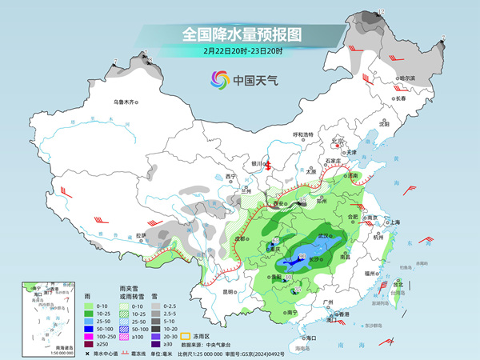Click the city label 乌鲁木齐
click(126, 102)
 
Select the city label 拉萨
click(141, 235)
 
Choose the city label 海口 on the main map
click(311, 338)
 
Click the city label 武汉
click(323, 236)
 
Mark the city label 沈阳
click(384, 124)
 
